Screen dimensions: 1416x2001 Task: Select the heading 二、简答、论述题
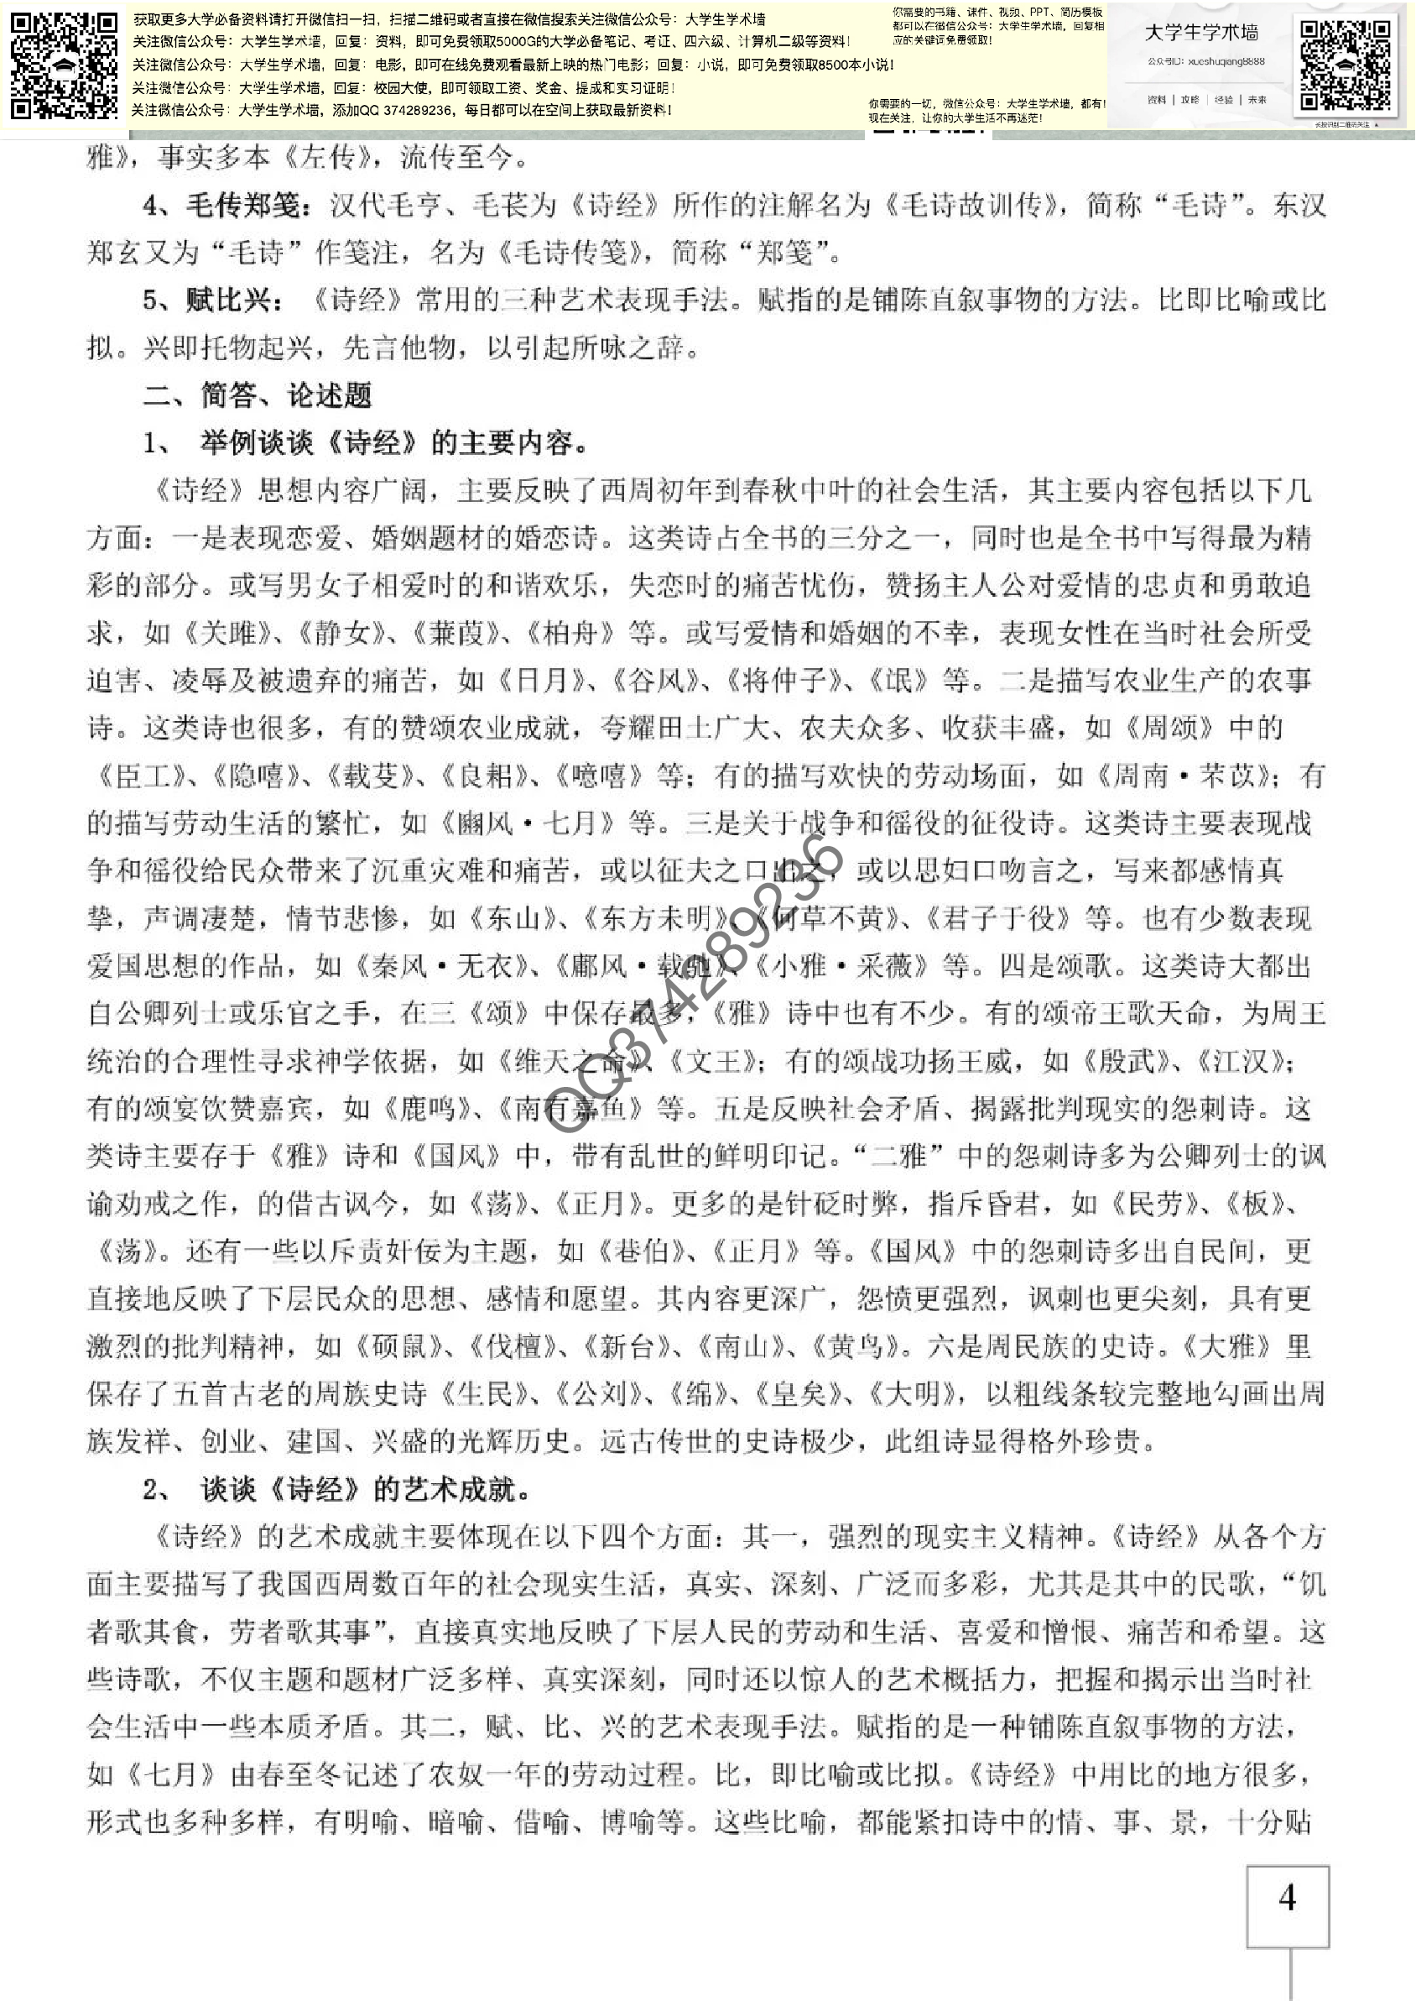[x=258, y=395]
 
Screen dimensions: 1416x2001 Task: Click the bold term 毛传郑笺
[x=247, y=206]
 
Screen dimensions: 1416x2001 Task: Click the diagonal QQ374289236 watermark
[x=694, y=985]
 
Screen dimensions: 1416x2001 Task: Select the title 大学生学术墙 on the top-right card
[x=1200, y=33]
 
